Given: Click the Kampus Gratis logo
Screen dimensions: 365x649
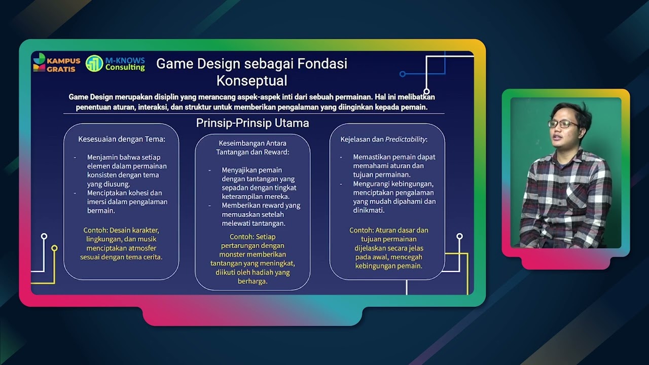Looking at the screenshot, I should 56,63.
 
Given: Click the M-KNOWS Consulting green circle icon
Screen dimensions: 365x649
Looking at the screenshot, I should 94,63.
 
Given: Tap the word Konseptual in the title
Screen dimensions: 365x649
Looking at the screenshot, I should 251,81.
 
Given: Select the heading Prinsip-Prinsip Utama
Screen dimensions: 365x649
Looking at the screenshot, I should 253,123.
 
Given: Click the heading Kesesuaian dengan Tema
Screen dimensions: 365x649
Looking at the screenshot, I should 121,139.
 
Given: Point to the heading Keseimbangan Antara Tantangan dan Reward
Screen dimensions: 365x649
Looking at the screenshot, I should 253,148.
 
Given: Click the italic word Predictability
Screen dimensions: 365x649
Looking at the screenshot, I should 405,139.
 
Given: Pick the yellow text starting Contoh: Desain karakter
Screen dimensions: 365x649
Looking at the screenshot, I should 121,243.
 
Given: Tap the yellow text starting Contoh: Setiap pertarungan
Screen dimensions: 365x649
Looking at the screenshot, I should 253,259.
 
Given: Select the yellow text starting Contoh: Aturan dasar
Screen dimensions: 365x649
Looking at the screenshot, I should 388,248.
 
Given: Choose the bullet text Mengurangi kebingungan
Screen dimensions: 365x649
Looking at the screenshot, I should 393,197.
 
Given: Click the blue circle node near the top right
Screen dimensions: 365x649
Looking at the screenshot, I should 403,74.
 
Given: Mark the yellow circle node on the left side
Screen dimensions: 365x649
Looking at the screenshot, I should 54,248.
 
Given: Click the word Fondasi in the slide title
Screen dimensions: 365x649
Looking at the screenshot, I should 322,64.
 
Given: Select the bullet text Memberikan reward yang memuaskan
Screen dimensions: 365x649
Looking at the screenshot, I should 261,214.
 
